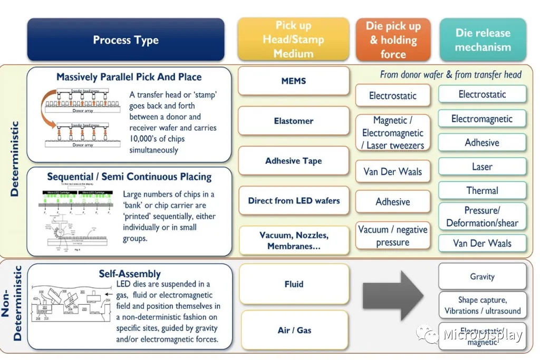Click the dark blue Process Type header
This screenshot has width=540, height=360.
point(126,40)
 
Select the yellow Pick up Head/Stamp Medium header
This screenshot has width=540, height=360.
point(293,40)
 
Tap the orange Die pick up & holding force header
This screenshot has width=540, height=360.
point(393,40)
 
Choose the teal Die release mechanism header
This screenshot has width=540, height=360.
point(483,40)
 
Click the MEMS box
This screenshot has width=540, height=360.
point(294,81)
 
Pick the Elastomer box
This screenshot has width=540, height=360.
point(294,121)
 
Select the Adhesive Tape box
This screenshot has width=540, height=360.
point(294,161)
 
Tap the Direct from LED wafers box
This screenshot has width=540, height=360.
point(294,200)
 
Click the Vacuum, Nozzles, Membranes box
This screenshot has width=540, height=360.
point(294,240)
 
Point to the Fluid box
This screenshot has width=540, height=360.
point(294,284)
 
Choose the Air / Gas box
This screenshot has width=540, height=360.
point(294,330)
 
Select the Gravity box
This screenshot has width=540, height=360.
point(483,276)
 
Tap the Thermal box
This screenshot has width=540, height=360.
point(483,191)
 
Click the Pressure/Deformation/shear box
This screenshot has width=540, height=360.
point(483,216)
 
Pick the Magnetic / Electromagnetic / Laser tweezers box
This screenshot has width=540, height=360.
point(393,133)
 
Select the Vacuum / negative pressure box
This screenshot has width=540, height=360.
point(393,236)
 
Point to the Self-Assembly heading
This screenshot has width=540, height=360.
point(130,274)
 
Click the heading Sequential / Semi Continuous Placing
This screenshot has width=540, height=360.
point(129,177)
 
